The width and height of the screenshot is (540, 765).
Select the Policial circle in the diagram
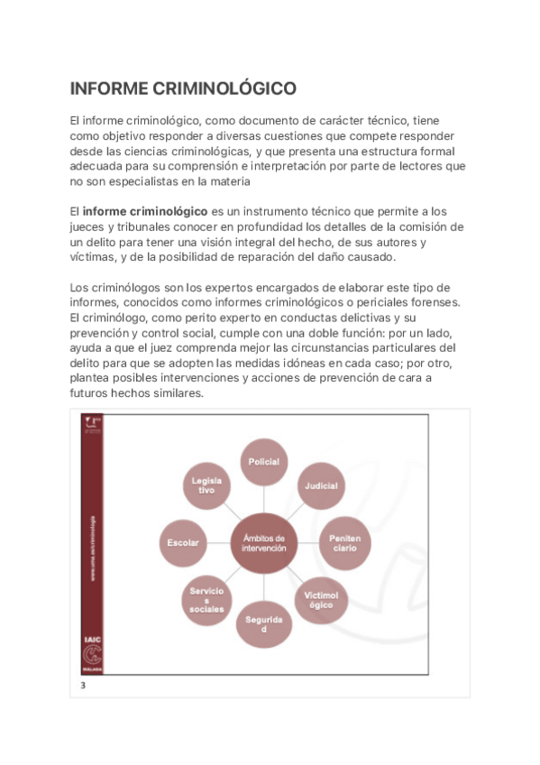tap(264, 462)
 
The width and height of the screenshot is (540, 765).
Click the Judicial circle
tap(322, 485)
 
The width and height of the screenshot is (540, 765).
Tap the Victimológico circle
tap(321, 599)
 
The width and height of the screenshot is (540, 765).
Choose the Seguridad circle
tap(264, 623)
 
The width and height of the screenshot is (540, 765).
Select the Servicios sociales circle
tap(207, 599)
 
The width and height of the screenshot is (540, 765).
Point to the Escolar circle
tap(183, 542)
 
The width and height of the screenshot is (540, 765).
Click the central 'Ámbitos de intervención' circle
tap(264, 542)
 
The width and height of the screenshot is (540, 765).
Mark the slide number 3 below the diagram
tap(83, 686)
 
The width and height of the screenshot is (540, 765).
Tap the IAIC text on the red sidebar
tap(92, 638)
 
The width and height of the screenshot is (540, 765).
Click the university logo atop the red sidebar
tap(92, 424)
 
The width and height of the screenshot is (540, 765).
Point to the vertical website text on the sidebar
tap(92, 550)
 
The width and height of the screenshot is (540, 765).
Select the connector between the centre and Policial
tap(264, 497)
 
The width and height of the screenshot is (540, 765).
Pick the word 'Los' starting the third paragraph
tap(80, 287)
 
